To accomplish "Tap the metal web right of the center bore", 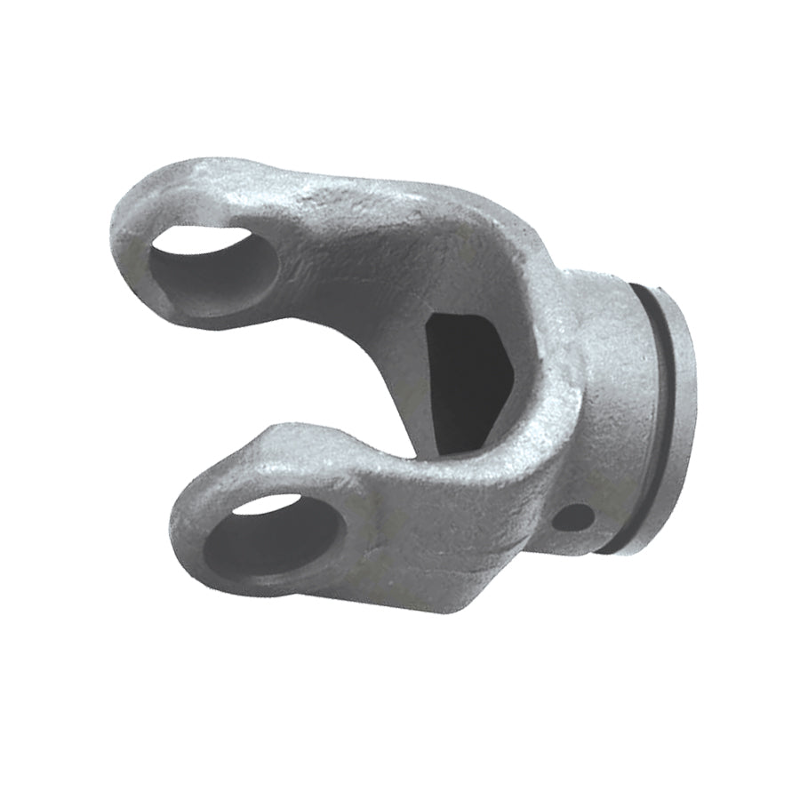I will (542, 373).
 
